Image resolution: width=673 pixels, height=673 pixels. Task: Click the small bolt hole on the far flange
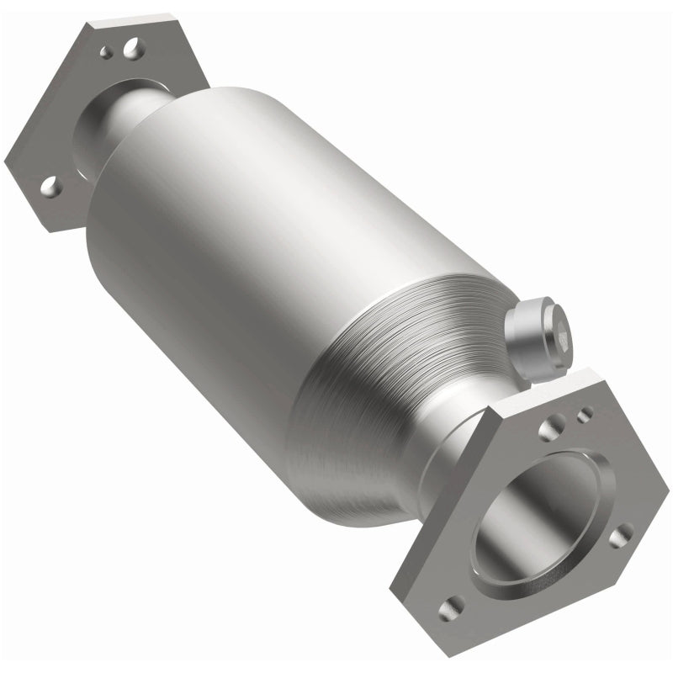(x=107, y=52)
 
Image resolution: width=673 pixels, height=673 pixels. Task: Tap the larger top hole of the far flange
(x=132, y=50)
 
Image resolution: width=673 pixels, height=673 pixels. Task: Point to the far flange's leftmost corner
(x=7, y=160)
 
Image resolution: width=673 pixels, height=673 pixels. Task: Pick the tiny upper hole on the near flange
(x=584, y=413)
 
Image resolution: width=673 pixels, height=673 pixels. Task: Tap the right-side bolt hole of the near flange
(x=621, y=535)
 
